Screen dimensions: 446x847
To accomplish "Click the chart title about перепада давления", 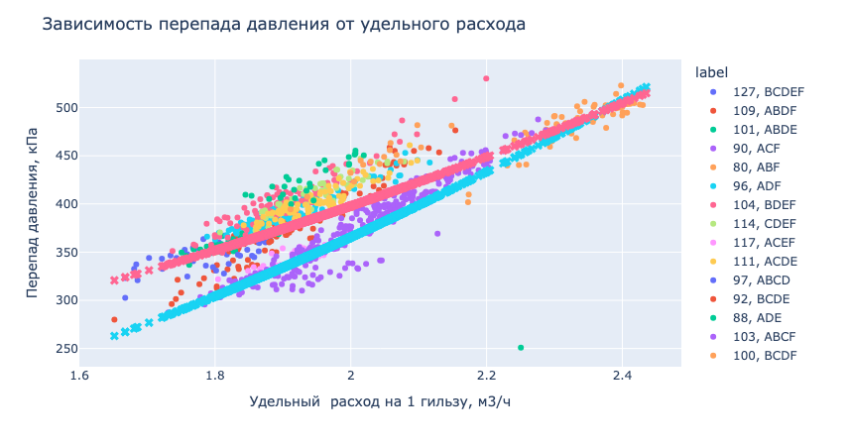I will point(284,22).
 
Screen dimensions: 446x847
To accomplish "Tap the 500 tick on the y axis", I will point(55,107).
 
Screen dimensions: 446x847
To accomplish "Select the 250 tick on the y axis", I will point(55,349).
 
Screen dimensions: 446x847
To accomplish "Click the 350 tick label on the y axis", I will point(55,252).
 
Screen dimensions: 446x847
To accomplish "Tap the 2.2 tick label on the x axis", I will point(486,377).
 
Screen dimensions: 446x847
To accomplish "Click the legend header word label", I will point(711,71).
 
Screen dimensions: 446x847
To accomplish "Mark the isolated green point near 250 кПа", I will point(521,348).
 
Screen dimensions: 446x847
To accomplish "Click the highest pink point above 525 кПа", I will point(486,78).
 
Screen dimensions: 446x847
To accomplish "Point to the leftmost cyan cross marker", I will point(114,336).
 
